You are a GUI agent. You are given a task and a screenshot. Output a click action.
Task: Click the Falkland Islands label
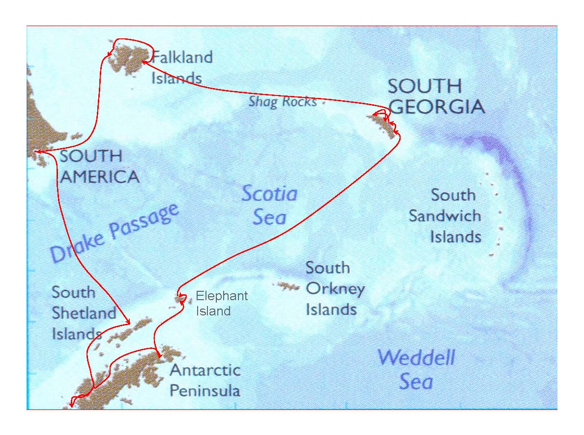tap(181, 67)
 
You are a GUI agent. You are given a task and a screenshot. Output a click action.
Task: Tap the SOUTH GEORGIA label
tap(436, 96)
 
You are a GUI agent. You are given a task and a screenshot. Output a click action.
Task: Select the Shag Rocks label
tap(282, 102)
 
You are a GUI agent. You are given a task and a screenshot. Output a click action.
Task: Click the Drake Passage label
tap(114, 233)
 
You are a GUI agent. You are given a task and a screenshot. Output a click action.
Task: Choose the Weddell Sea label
tap(416, 369)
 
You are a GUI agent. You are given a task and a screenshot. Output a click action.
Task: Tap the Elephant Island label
tap(222, 303)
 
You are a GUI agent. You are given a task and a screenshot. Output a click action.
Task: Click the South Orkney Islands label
tap(334, 288)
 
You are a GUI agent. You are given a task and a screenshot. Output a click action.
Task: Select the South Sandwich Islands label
tap(445, 216)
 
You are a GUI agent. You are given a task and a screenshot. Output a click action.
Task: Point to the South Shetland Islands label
tap(84, 313)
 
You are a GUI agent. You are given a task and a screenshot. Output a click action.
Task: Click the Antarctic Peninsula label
tap(205, 380)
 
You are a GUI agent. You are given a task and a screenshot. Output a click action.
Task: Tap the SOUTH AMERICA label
tap(98, 166)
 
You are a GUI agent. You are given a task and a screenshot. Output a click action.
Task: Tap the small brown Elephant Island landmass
tap(181, 298)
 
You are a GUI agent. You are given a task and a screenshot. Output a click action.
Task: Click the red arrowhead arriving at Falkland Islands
tap(143, 61)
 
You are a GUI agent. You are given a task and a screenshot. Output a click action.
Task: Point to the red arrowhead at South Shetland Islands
tap(128, 322)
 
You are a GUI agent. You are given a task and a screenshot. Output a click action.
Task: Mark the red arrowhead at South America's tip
tap(38, 152)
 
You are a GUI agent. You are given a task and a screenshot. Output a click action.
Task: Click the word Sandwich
tap(445, 216)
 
